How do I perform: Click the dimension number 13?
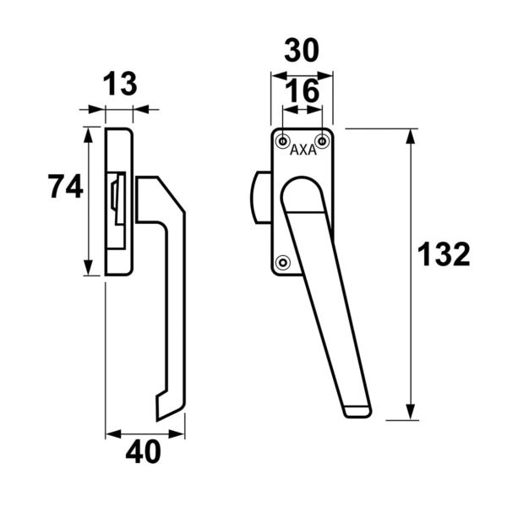click(x=119, y=85)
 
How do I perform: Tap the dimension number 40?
click(x=143, y=453)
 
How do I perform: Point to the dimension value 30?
click(x=302, y=52)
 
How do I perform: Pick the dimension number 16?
click(x=302, y=92)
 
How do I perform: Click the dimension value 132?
click(x=444, y=254)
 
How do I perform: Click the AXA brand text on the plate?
click(x=303, y=151)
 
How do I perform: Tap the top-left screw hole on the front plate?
click(x=282, y=139)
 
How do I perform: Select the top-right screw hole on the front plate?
click(x=321, y=139)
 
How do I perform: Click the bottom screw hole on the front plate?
click(x=283, y=261)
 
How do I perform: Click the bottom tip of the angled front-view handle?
click(x=357, y=411)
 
